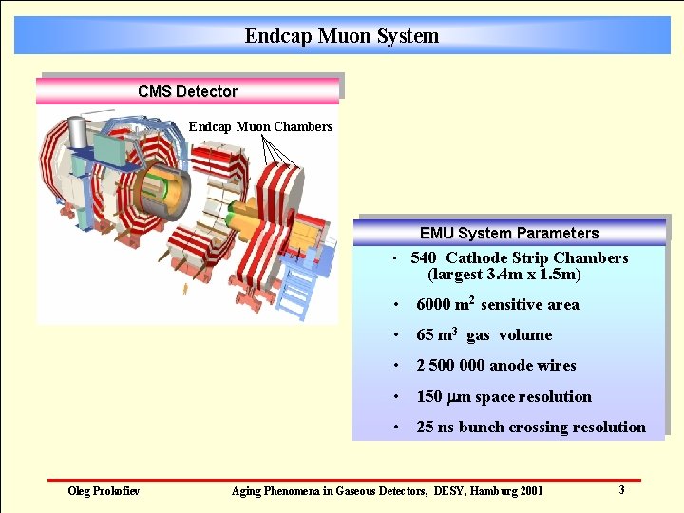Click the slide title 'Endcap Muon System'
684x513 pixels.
coord(341,36)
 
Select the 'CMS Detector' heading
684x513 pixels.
coord(187,91)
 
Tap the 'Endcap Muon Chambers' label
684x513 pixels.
coord(260,126)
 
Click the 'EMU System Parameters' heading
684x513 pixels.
coord(509,233)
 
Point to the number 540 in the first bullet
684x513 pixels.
coord(424,257)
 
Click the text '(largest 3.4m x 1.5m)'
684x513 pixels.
coord(503,275)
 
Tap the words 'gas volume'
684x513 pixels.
coord(508,335)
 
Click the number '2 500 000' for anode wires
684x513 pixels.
coord(450,366)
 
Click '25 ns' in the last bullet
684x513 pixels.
coord(435,427)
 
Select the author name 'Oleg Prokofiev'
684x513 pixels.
coord(104,490)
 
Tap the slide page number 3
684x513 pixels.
coord(621,490)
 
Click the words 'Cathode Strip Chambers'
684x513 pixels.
coord(537,257)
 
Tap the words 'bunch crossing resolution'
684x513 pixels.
coord(552,427)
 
